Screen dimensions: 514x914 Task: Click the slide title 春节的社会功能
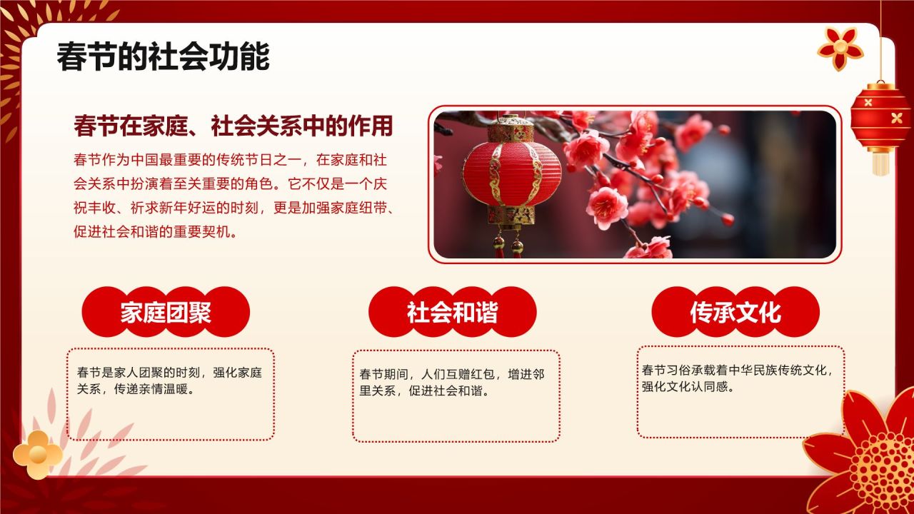click(x=163, y=56)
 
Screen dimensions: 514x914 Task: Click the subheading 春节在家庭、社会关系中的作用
click(x=233, y=126)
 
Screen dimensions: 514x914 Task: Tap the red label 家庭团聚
click(x=166, y=312)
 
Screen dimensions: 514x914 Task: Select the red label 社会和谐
click(x=452, y=312)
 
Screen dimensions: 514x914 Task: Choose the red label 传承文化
click(x=735, y=312)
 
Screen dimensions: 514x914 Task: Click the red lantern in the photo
click(x=511, y=171)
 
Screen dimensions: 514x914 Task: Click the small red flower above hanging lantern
click(x=840, y=47)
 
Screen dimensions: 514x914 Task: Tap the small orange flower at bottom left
click(x=37, y=454)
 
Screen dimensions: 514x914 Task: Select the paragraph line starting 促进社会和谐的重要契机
click(x=156, y=232)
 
